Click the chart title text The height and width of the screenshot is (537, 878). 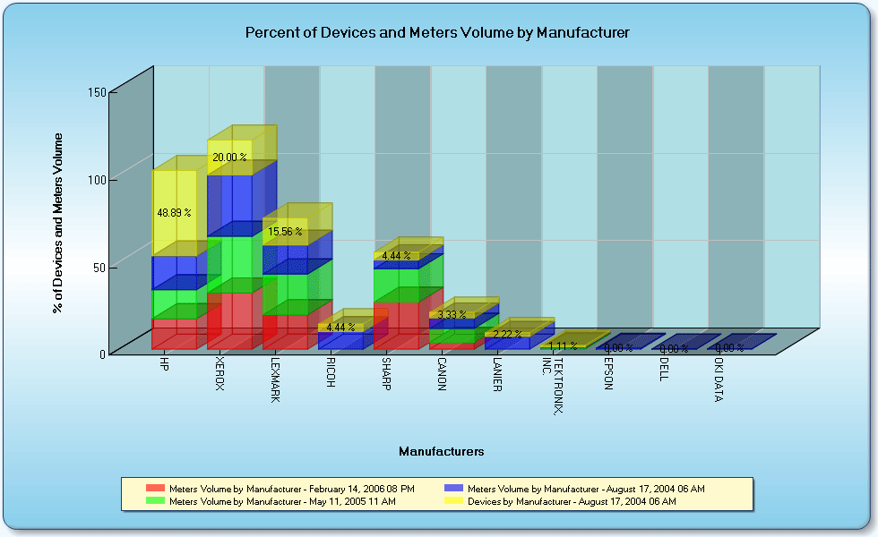pos(437,32)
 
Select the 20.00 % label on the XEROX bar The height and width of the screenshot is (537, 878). pos(228,157)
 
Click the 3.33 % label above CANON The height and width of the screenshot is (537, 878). pos(448,314)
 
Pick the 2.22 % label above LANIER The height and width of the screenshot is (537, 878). pos(507,334)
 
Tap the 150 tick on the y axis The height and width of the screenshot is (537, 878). pos(97,91)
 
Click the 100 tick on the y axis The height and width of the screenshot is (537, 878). pos(97,179)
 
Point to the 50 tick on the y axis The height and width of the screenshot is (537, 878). pos(99,266)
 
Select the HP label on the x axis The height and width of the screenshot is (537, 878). pos(164,365)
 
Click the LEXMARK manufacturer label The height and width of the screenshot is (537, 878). pos(275,380)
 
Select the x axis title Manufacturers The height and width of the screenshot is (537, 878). pos(442,452)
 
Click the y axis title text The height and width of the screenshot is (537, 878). pos(58,222)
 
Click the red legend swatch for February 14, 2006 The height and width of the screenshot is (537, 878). pos(155,489)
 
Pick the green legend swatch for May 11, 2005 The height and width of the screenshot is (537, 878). pos(155,502)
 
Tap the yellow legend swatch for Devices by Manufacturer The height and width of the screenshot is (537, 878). pos(454,502)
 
